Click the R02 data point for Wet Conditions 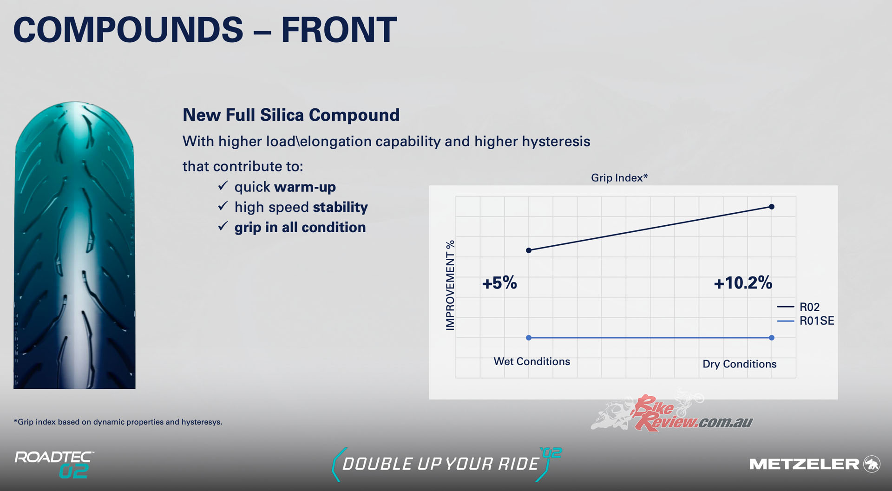pyautogui.click(x=529, y=250)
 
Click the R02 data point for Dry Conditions pyautogui.click(x=772, y=207)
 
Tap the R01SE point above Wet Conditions pyautogui.click(x=529, y=338)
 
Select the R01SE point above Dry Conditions pyautogui.click(x=772, y=338)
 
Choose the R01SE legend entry pyautogui.click(x=806, y=321)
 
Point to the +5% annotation pyautogui.click(x=499, y=283)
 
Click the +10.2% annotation pyautogui.click(x=743, y=283)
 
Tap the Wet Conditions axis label pyautogui.click(x=531, y=361)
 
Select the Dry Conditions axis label pyautogui.click(x=740, y=364)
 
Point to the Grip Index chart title pyautogui.click(x=619, y=178)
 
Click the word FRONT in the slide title pyautogui.click(x=339, y=30)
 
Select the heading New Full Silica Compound pyautogui.click(x=291, y=115)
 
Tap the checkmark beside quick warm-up pyautogui.click(x=223, y=186)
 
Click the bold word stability pyautogui.click(x=341, y=207)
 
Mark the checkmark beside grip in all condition pyautogui.click(x=223, y=226)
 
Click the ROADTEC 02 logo pyautogui.click(x=54, y=465)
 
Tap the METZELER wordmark pyautogui.click(x=804, y=464)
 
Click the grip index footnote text pyautogui.click(x=118, y=422)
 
